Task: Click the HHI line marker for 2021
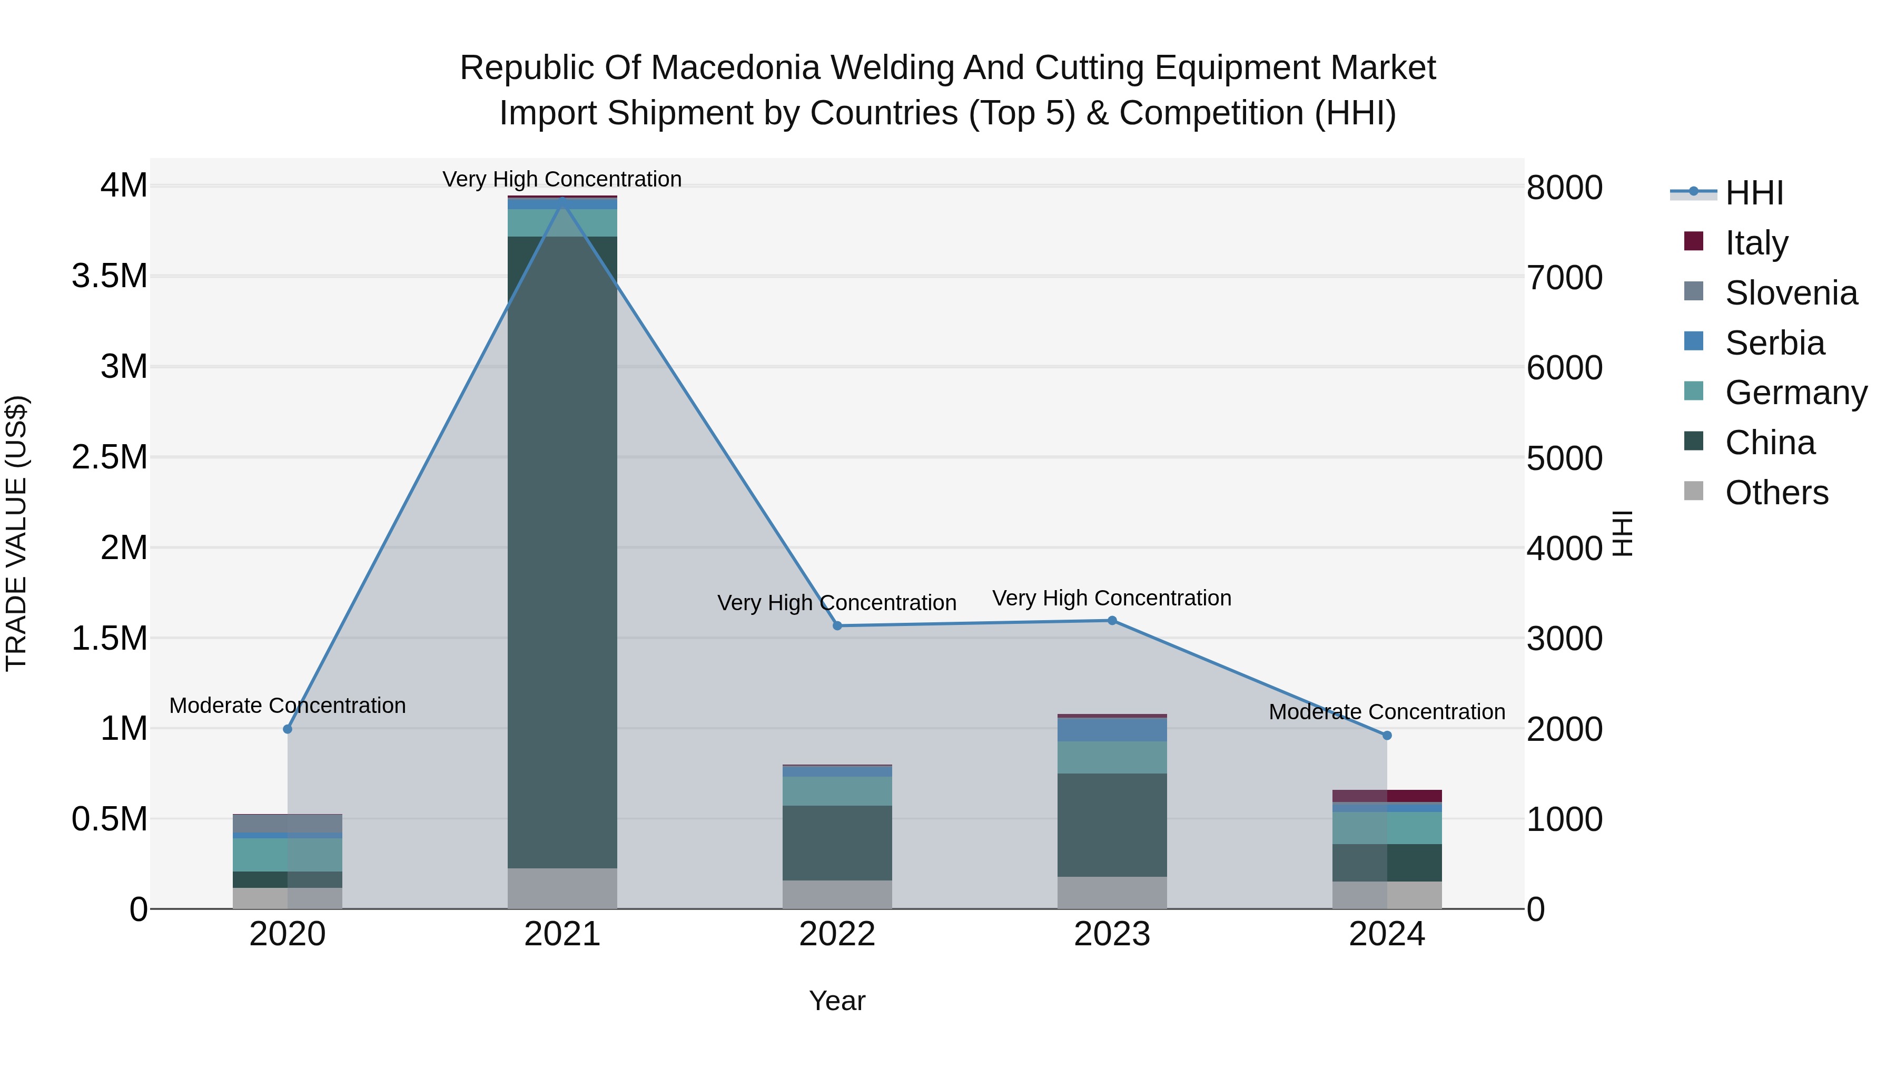(x=562, y=200)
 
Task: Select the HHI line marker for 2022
(x=837, y=626)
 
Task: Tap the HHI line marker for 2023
(x=1112, y=621)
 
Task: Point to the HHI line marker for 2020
(x=288, y=729)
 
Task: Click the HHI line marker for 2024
(x=1387, y=736)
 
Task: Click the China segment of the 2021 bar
(x=562, y=552)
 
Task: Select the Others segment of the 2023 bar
(x=1112, y=893)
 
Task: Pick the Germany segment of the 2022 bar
(x=837, y=791)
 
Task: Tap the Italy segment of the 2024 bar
(x=1387, y=796)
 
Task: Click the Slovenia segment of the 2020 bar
(x=288, y=823)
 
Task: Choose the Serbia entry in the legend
(x=1774, y=343)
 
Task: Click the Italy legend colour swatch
(x=1694, y=241)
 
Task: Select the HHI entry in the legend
(x=1754, y=193)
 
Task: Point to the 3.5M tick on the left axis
(x=110, y=276)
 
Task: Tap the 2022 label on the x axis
(x=837, y=934)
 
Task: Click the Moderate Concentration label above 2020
(x=288, y=706)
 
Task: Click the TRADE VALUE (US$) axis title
(x=16, y=533)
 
